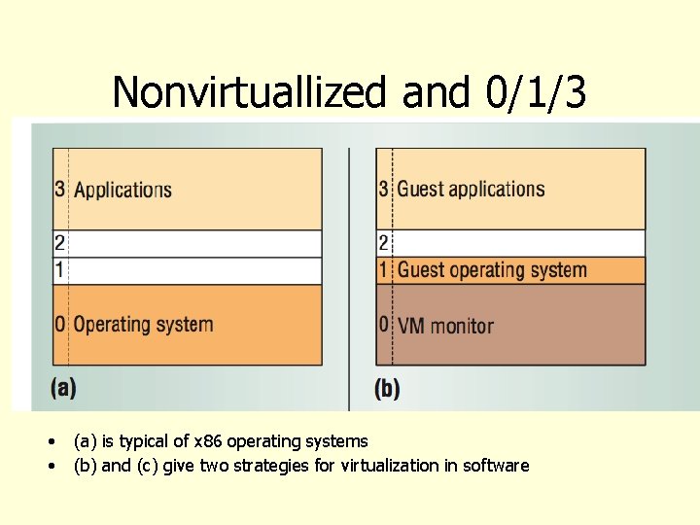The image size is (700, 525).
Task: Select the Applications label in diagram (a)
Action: [122, 190]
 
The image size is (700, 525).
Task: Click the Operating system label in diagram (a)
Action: [143, 324]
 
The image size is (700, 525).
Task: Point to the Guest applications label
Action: [471, 189]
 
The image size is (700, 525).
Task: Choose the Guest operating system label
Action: [492, 270]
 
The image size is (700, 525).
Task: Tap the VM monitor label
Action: [445, 326]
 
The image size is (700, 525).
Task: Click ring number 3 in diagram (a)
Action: [60, 189]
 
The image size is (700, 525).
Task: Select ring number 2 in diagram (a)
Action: [60, 243]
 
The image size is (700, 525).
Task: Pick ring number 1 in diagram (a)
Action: [60, 270]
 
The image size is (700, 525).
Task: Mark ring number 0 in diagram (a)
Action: [60, 324]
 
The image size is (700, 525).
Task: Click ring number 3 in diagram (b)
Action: [384, 189]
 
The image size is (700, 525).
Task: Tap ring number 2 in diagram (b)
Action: [384, 243]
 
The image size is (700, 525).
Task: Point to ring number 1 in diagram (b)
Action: [384, 270]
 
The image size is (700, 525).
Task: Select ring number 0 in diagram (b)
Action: [384, 325]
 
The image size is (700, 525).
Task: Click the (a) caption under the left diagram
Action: [64, 388]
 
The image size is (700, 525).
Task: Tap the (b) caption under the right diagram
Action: [387, 389]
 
